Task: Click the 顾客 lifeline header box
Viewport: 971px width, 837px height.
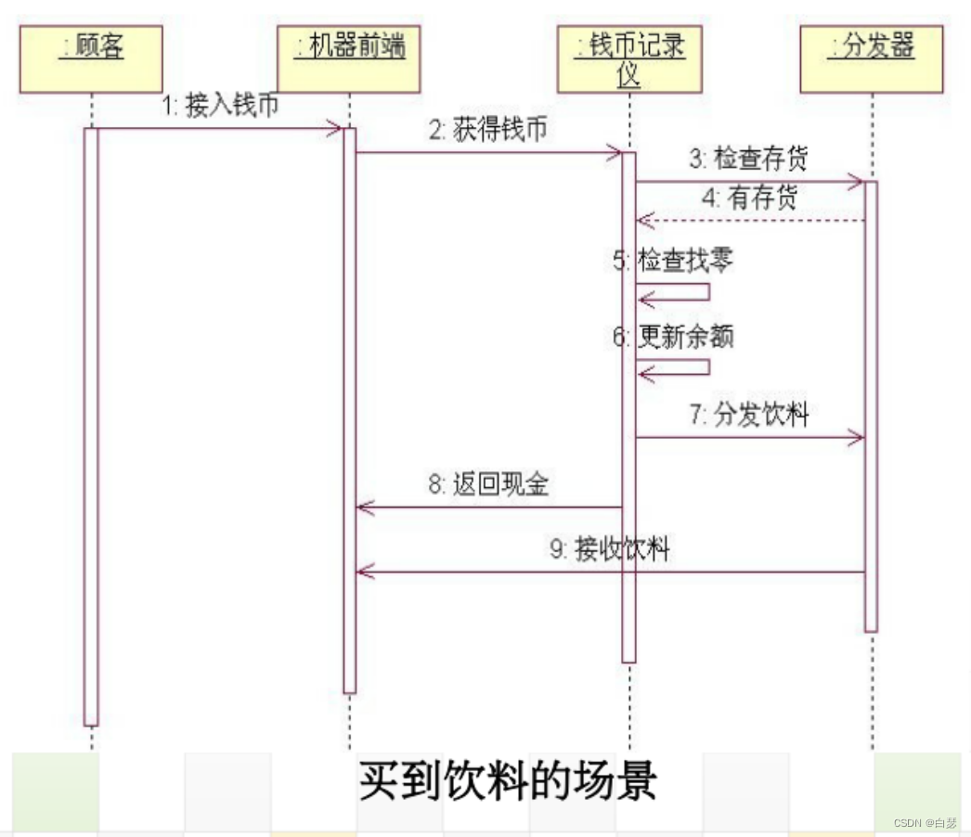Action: pyautogui.click(x=91, y=58)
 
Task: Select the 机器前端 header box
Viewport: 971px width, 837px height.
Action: pyautogui.click(x=349, y=58)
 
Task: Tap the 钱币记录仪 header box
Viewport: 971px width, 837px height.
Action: pyautogui.click(x=628, y=58)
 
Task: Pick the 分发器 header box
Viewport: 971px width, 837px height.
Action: pyautogui.click(x=872, y=58)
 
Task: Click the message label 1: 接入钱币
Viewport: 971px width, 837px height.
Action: pyautogui.click(x=220, y=107)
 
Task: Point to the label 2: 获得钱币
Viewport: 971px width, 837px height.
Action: pyautogui.click(x=487, y=131)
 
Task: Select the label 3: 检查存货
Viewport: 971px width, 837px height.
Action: pyautogui.click(x=748, y=159)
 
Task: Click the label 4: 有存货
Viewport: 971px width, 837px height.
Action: pyautogui.click(x=749, y=199)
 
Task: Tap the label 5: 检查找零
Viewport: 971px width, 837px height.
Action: pyautogui.click(x=673, y=261)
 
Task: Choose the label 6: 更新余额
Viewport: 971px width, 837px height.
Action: pyautogui.click(x=673, y=337)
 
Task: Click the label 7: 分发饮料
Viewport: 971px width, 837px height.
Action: pyautogui.click(x=748, y=414)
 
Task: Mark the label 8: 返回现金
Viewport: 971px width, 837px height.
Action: pyautogui.click(x=487, y=484)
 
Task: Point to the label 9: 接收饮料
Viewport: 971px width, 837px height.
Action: pyautogui.click(x=609, y=549)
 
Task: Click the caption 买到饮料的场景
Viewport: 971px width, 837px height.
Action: pyautogui.click(x=508, y=781)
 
